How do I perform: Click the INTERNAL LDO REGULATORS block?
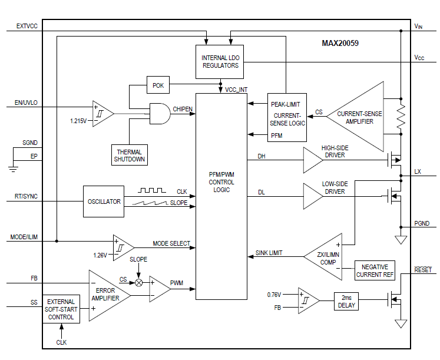pos(220,61)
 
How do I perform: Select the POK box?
pos(158,85)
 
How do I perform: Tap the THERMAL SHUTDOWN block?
pos(130,154)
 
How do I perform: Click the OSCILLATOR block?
pos(104,202)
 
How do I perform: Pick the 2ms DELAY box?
pos(346,302)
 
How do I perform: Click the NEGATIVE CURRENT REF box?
pos(375,271)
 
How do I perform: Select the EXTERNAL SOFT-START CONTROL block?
pos(61,309)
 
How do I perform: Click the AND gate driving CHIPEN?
pos(157,113)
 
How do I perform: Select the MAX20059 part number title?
pos(340,43)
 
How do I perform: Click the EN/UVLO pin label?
pos(26,103)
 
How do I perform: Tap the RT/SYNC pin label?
pos(26,197)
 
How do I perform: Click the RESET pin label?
pos(422,270)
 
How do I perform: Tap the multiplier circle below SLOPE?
pos(139,283)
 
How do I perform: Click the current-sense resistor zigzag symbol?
pos(401,117)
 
